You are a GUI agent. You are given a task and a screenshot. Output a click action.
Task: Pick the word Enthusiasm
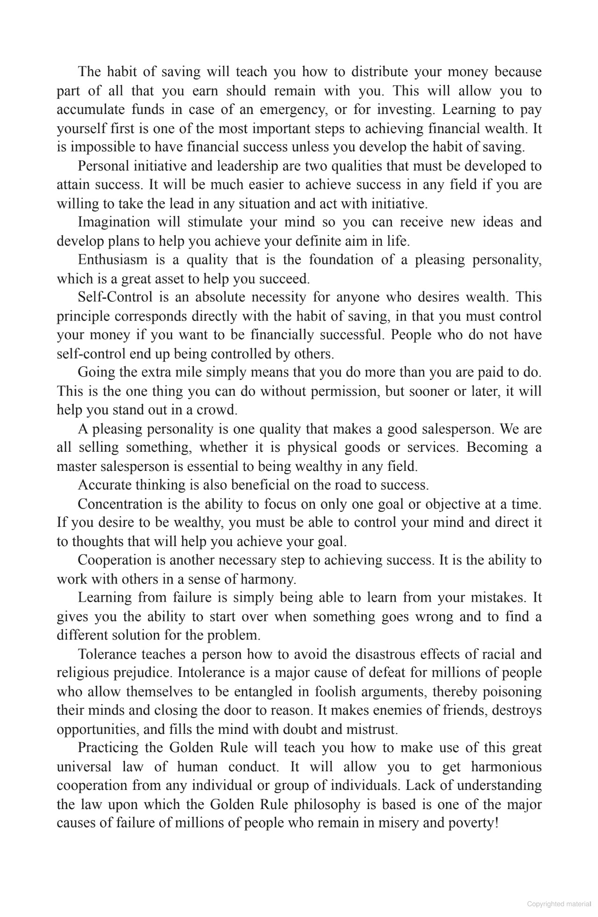113,260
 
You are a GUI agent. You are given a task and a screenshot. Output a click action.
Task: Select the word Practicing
108,748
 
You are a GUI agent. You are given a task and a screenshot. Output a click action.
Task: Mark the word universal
84,767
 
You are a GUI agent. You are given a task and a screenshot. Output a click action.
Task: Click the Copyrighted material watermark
559,904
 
